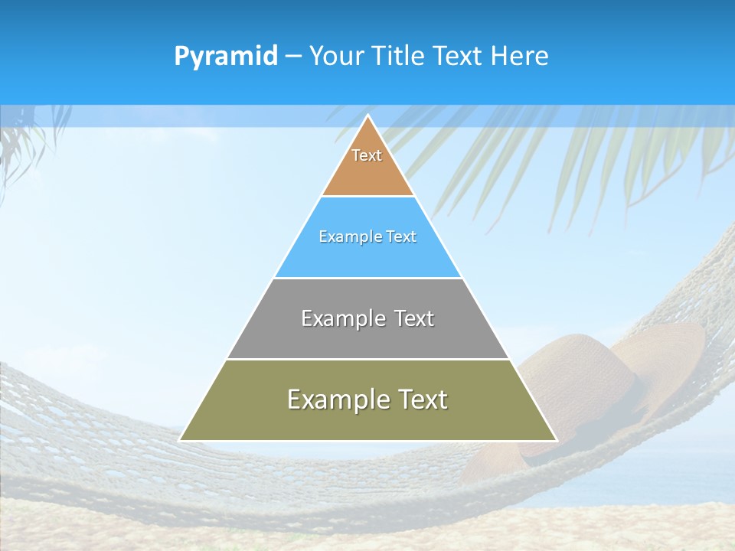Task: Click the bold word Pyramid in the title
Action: tap(226, 57)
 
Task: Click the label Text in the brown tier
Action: tap(367, 155)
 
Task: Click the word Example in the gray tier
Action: tap(342, 318)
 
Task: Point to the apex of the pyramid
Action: tap(368, 116)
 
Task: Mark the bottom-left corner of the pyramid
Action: tap(181, 440)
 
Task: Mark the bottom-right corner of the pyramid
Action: tap(556, 440)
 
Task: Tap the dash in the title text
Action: tap(293, 57)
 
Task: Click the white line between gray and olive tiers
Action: tap(367, 359)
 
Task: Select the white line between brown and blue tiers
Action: tap(367, 196)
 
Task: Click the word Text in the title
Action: tap(459, 57)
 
